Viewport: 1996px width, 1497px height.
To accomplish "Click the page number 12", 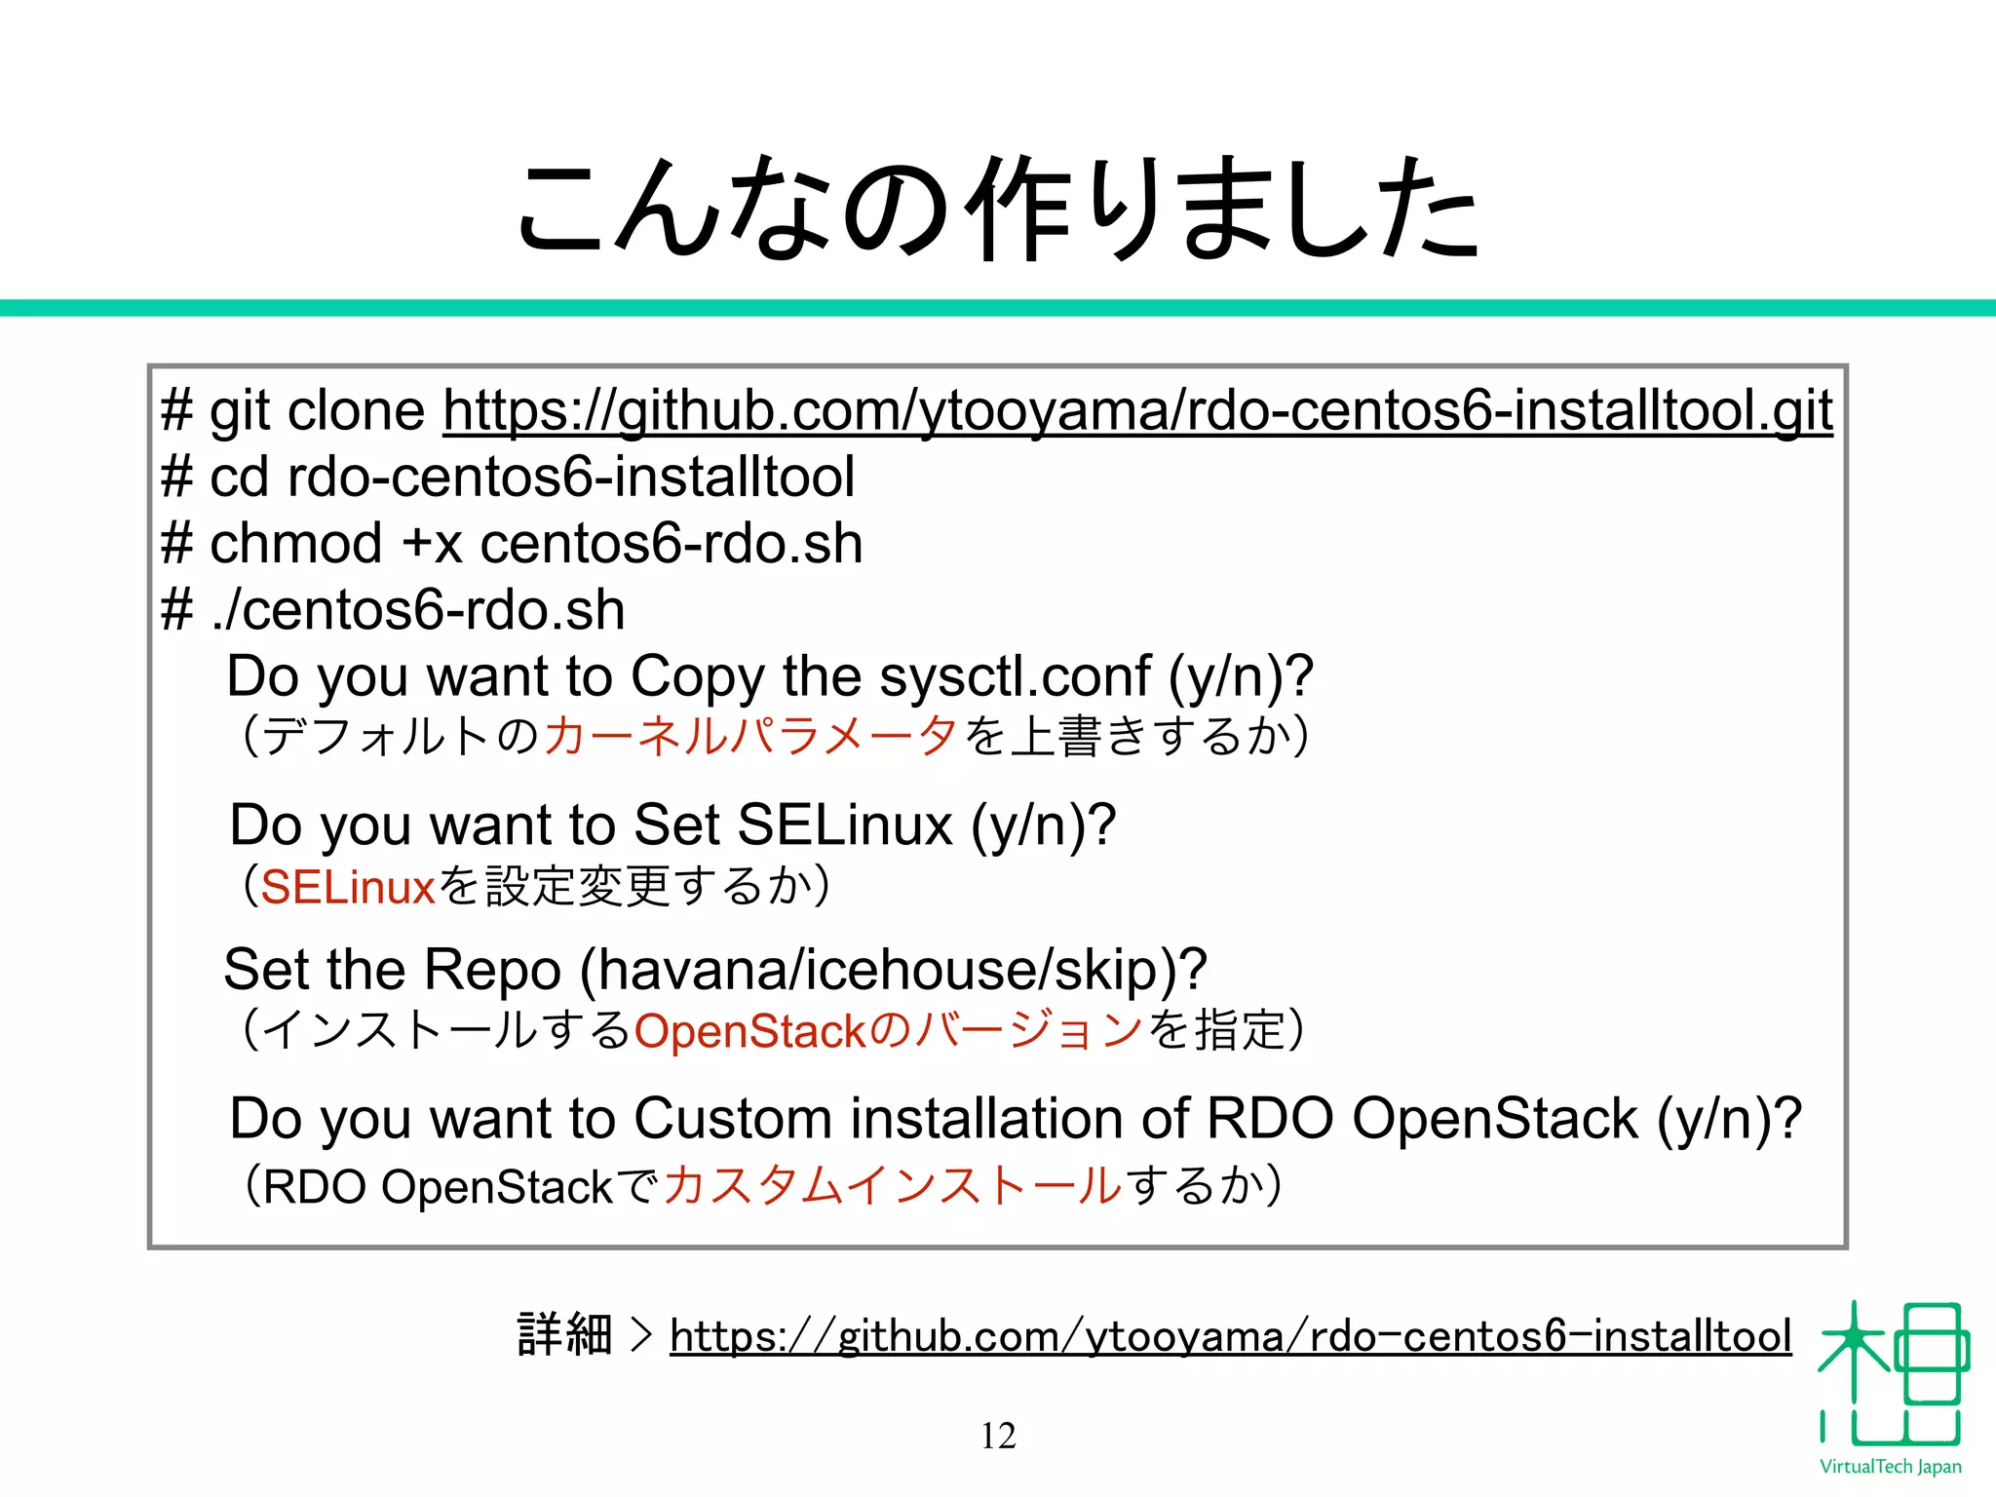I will [998, 1435].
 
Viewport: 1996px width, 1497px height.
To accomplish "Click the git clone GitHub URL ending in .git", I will [1137, 409].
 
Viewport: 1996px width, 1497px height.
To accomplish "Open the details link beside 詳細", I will [1230, 1335].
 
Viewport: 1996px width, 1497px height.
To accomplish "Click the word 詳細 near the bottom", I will [564, 1335].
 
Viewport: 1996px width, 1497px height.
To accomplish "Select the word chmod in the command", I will [295, 543].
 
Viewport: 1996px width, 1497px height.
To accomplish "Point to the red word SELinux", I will [347, 887].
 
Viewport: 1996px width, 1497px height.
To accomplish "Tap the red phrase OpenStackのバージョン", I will [887, 1031].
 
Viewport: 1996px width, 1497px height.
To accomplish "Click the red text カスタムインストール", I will [892, 1186].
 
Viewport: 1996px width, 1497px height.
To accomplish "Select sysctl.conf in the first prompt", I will [1014, 675].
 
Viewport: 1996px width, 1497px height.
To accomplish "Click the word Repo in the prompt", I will [492, 970].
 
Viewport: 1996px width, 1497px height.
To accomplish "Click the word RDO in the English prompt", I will [1269, 1118].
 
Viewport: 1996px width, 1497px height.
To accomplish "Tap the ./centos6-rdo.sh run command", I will [417, 610].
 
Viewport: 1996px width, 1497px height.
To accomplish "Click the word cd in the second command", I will [238, 477].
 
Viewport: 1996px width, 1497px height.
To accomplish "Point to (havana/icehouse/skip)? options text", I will [893, 970].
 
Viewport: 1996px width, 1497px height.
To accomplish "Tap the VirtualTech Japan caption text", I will [1890, 1467].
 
